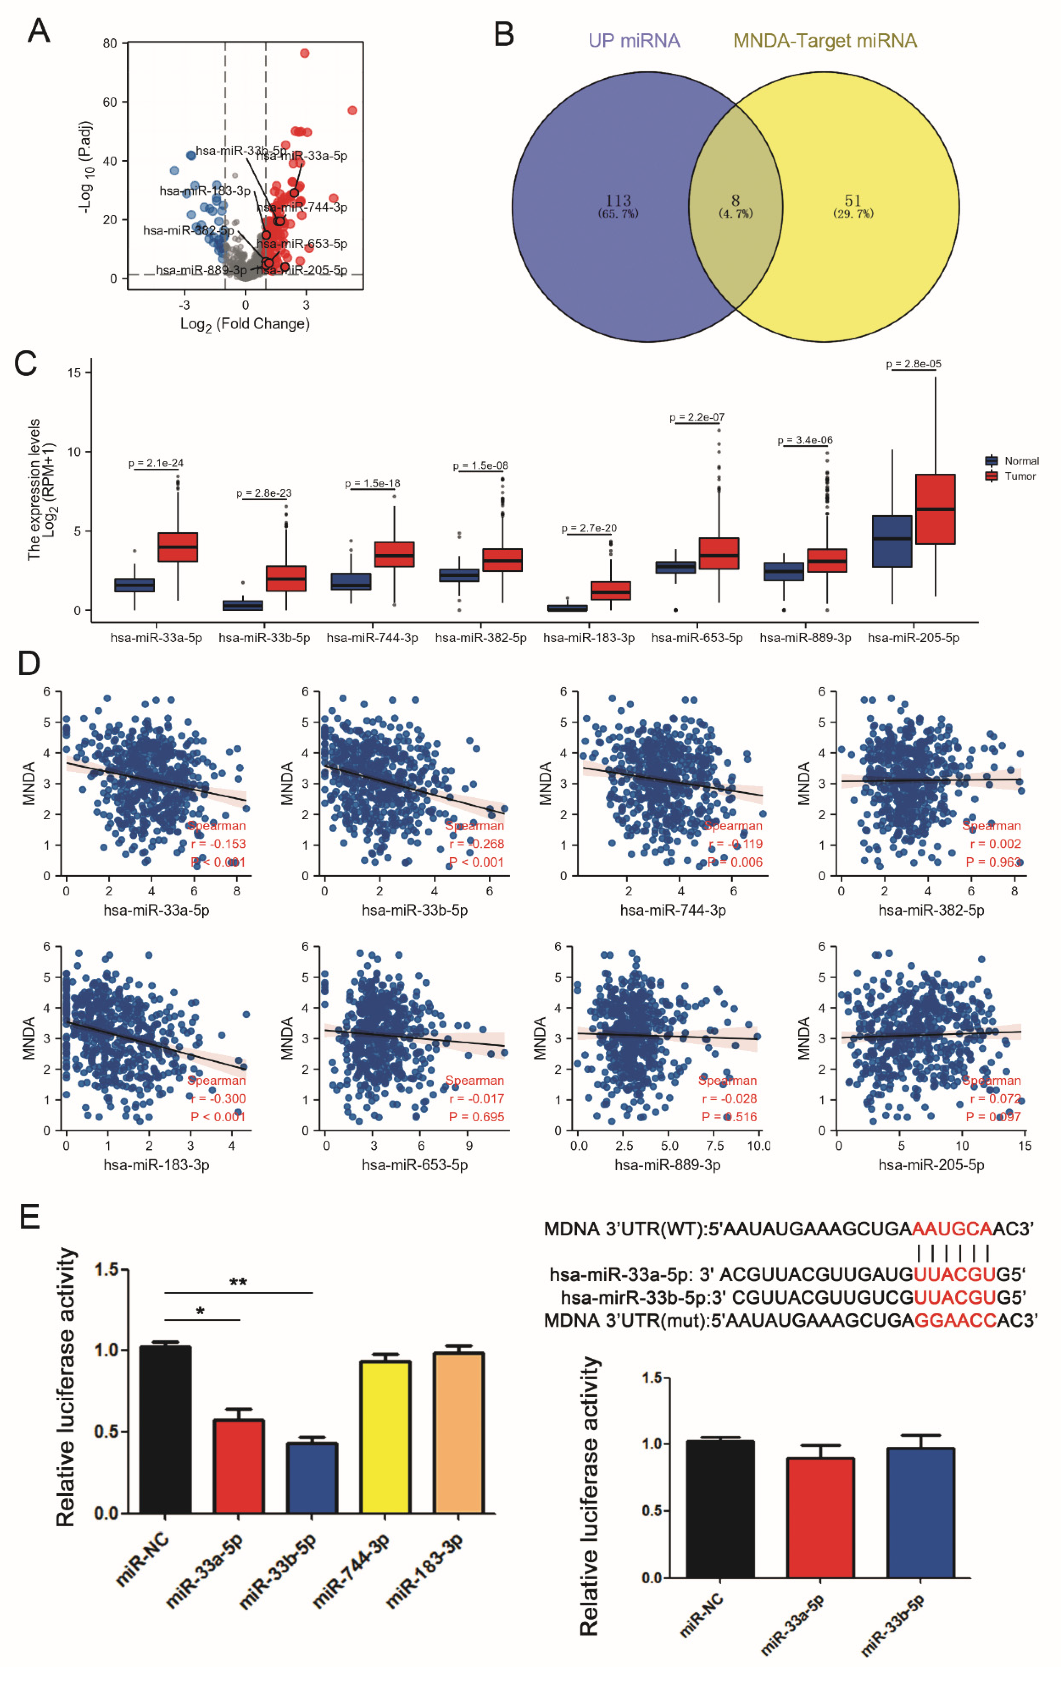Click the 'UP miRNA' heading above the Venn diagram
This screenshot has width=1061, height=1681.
click(x=634, y=40)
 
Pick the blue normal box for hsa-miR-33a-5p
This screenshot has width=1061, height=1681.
click(x=135, y=585)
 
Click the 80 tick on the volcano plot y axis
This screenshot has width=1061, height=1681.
click(x=110, y=43)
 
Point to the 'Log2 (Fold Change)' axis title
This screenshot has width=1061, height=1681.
click(x=244, y=324)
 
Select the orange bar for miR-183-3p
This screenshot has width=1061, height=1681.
click(x=458, y=1432)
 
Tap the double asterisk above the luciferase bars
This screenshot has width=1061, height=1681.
click(x=238, y=1282)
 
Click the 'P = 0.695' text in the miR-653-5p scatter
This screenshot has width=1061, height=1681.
click(x=476, y=1117)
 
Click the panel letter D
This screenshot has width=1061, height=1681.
click(x=29, y=663)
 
